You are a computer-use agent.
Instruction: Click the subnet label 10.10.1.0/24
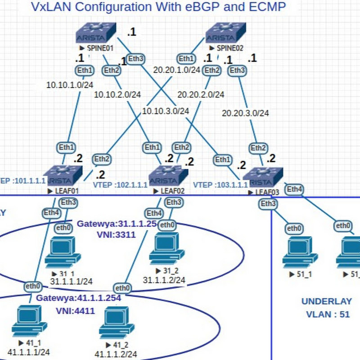(x=70, y=84)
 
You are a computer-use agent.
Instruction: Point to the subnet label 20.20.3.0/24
(x=245, y=113)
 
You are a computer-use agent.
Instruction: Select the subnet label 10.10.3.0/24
(x=165, y=110)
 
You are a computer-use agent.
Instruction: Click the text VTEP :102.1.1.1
(x=120, y=184)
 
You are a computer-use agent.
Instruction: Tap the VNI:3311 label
(x=116, y=234)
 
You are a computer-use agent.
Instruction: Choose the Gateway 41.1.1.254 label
(x=78, y=298)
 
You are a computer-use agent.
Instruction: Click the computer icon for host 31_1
(x=63, y=252)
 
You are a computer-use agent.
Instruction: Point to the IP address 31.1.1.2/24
(x=164, y=280)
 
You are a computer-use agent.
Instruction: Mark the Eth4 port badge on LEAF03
(x=294, y=189)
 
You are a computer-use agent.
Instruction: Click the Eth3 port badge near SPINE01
(x=136, y=58)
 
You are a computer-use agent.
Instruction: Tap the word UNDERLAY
(x=327, y=301)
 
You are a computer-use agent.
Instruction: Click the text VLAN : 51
(x=328, y=315)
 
